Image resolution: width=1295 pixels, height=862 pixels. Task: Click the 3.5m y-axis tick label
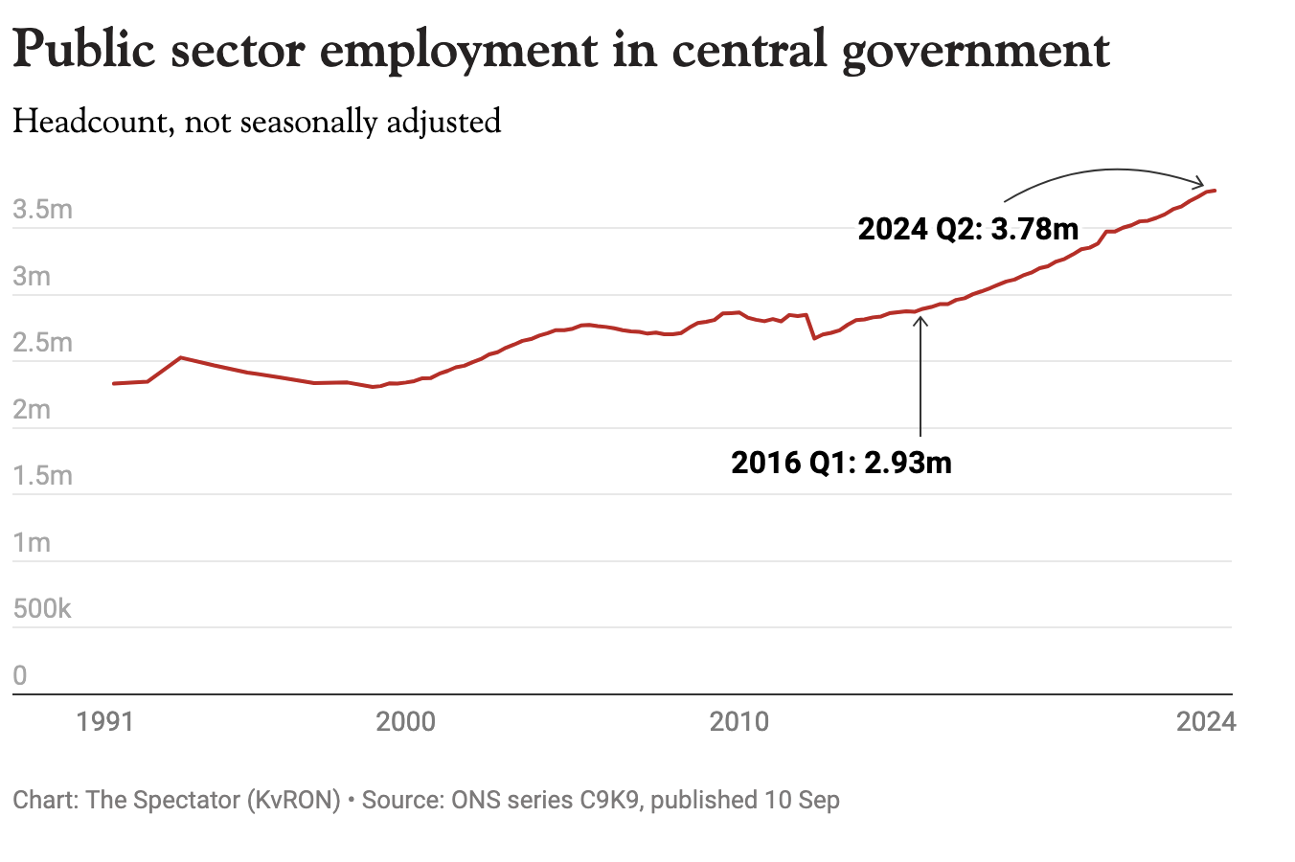[43, 210]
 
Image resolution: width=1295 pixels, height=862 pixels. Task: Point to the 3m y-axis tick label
[32, 277]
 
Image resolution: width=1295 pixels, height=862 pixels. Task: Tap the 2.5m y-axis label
[43, 343]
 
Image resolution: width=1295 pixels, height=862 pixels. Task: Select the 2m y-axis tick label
[32, 410]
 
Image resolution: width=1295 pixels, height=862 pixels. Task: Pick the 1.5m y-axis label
[43, 476]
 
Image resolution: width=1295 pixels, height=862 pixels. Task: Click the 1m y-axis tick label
[32, 543]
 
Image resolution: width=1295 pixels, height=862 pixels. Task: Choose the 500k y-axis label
[42, 609]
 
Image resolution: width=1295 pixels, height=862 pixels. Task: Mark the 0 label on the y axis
[20, 675]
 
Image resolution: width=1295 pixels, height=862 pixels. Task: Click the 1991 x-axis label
[105, 721]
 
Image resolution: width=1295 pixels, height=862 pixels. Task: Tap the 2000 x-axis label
[405, 721]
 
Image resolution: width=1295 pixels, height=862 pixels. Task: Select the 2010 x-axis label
[738, 721]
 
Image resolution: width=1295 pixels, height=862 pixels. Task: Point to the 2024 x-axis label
[1206, 721]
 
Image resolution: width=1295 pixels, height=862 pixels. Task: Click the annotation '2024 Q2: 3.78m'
[968, 229]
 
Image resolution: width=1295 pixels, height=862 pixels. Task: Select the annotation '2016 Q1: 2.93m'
[841, 463]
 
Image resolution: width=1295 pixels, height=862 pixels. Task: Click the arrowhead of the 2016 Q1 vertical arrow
[920, 318]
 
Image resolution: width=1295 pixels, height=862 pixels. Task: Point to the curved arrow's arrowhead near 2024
[1201, 183]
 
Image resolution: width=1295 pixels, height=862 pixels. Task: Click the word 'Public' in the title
[84, 50]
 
